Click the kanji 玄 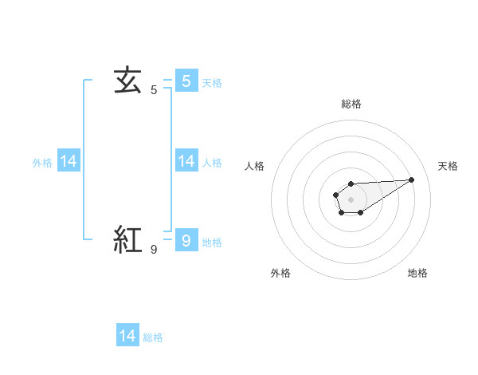pyautogui.click(x=127, y=80)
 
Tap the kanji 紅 pyautogui.click(x=127, y=239)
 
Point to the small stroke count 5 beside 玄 pyautogui.click(x=154, y=90)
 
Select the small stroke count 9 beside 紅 pyautogui.click(x=154, y=250)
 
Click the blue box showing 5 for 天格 pyautogui.click(x=186, y=81)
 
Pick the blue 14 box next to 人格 pyautogui.click(x=186, y=161)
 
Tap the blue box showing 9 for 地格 pyautogui.click(x=186, y=240)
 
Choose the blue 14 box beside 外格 pyautogui.click(x=69, y=161)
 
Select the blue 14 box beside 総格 pyautogui.click(x=127, y=336)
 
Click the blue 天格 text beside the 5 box pyautogui.click(x=212, y=82)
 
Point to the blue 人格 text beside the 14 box pyautogui.click(x=212, y=163)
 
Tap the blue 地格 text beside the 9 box pyautogui.click(x=212, y=243)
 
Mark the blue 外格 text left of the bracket pyautogui.click(x=42, y=163)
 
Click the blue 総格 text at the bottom pyautogui.click(x=153, y=337)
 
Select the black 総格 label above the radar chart pyautogui.click(x=351, y=104)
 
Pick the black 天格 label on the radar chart pyautogui.click(x=448, y=166)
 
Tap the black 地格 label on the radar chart pyautogui.click(x=417, y=273)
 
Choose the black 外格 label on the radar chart pyautogui.click(x=280, y=273)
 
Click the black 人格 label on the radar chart pyautogui.click(x=254, y=166)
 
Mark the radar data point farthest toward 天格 pyautogui.click(x=411, y=179)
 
